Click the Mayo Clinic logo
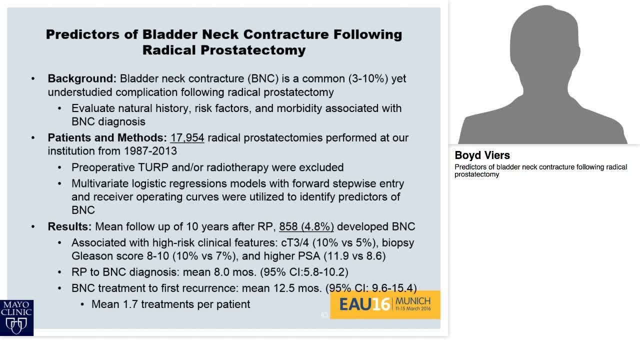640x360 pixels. (x=16, y=317)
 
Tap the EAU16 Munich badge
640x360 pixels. (x=385, y=304)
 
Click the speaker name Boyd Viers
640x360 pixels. (x=482, y=155)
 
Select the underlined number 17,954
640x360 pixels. (x=187, y=137)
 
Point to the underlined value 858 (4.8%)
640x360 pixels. (x=306, y=226)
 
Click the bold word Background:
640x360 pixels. (x=82, y=78)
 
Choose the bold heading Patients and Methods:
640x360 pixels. (x=107, y=137)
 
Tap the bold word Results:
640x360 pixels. (x=69, y=226)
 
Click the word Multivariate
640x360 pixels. (x=102, y=183)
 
